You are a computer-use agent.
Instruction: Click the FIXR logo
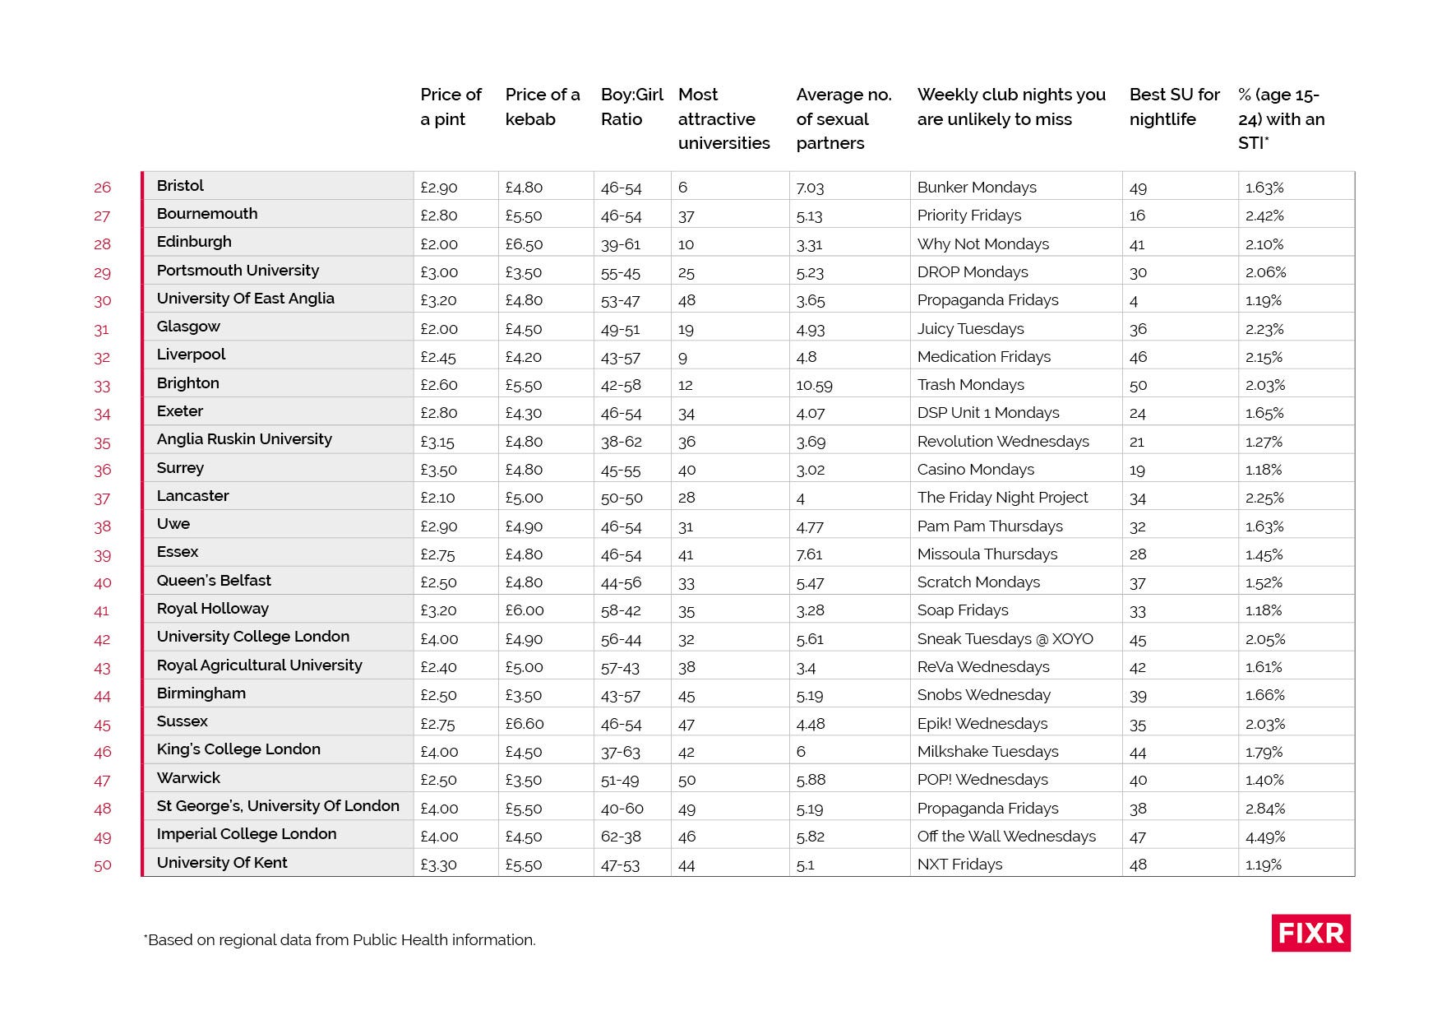1310,933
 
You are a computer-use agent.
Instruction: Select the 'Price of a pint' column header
451,107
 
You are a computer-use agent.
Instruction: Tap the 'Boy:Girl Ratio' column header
631,107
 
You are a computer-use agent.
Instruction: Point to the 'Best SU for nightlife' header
1174,107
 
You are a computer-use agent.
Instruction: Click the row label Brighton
188,383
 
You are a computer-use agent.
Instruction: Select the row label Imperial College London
247,834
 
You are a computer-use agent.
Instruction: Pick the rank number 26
102,188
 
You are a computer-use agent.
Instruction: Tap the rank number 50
102,865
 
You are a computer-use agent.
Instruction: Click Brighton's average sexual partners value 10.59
814,385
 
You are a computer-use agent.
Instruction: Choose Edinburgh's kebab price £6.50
524,244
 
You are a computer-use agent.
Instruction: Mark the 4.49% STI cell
1265,837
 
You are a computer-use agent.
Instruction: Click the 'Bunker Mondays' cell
977,188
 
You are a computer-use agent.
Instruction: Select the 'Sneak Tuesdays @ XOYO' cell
1005,639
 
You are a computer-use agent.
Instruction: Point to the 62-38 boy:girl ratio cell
621,837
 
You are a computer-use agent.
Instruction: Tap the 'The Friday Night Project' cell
1002,498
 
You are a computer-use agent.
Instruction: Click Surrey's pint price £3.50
438,470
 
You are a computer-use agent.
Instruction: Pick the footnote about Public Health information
340,940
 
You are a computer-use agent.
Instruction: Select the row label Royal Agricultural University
259,665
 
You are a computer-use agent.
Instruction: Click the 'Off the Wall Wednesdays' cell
1006,837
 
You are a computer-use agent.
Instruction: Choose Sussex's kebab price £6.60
525,724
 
